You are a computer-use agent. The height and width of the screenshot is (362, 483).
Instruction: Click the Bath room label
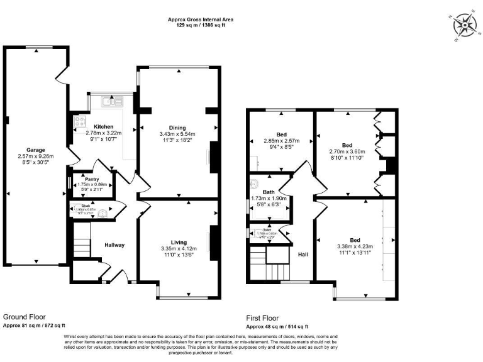[x=269, y=192]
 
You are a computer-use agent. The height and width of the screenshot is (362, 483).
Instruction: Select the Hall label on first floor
[x=303, y=255]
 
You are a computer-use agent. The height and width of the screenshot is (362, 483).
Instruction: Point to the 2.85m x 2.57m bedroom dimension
[x=281, y=141]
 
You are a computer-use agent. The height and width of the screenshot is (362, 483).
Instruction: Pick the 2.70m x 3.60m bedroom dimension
[x=347, y=151]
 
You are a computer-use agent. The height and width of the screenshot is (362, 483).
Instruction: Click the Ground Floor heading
[x=25, y=317]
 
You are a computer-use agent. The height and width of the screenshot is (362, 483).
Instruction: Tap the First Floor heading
[x=262, y=318]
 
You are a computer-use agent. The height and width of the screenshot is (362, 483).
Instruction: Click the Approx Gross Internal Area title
[x=200, y=19]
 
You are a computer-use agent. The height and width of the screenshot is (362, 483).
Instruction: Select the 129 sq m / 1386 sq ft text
[x=200, y=26]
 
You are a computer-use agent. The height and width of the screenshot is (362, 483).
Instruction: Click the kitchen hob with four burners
[x=80, y=121]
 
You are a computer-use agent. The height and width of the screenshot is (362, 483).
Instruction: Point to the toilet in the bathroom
[x=253, y=184]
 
